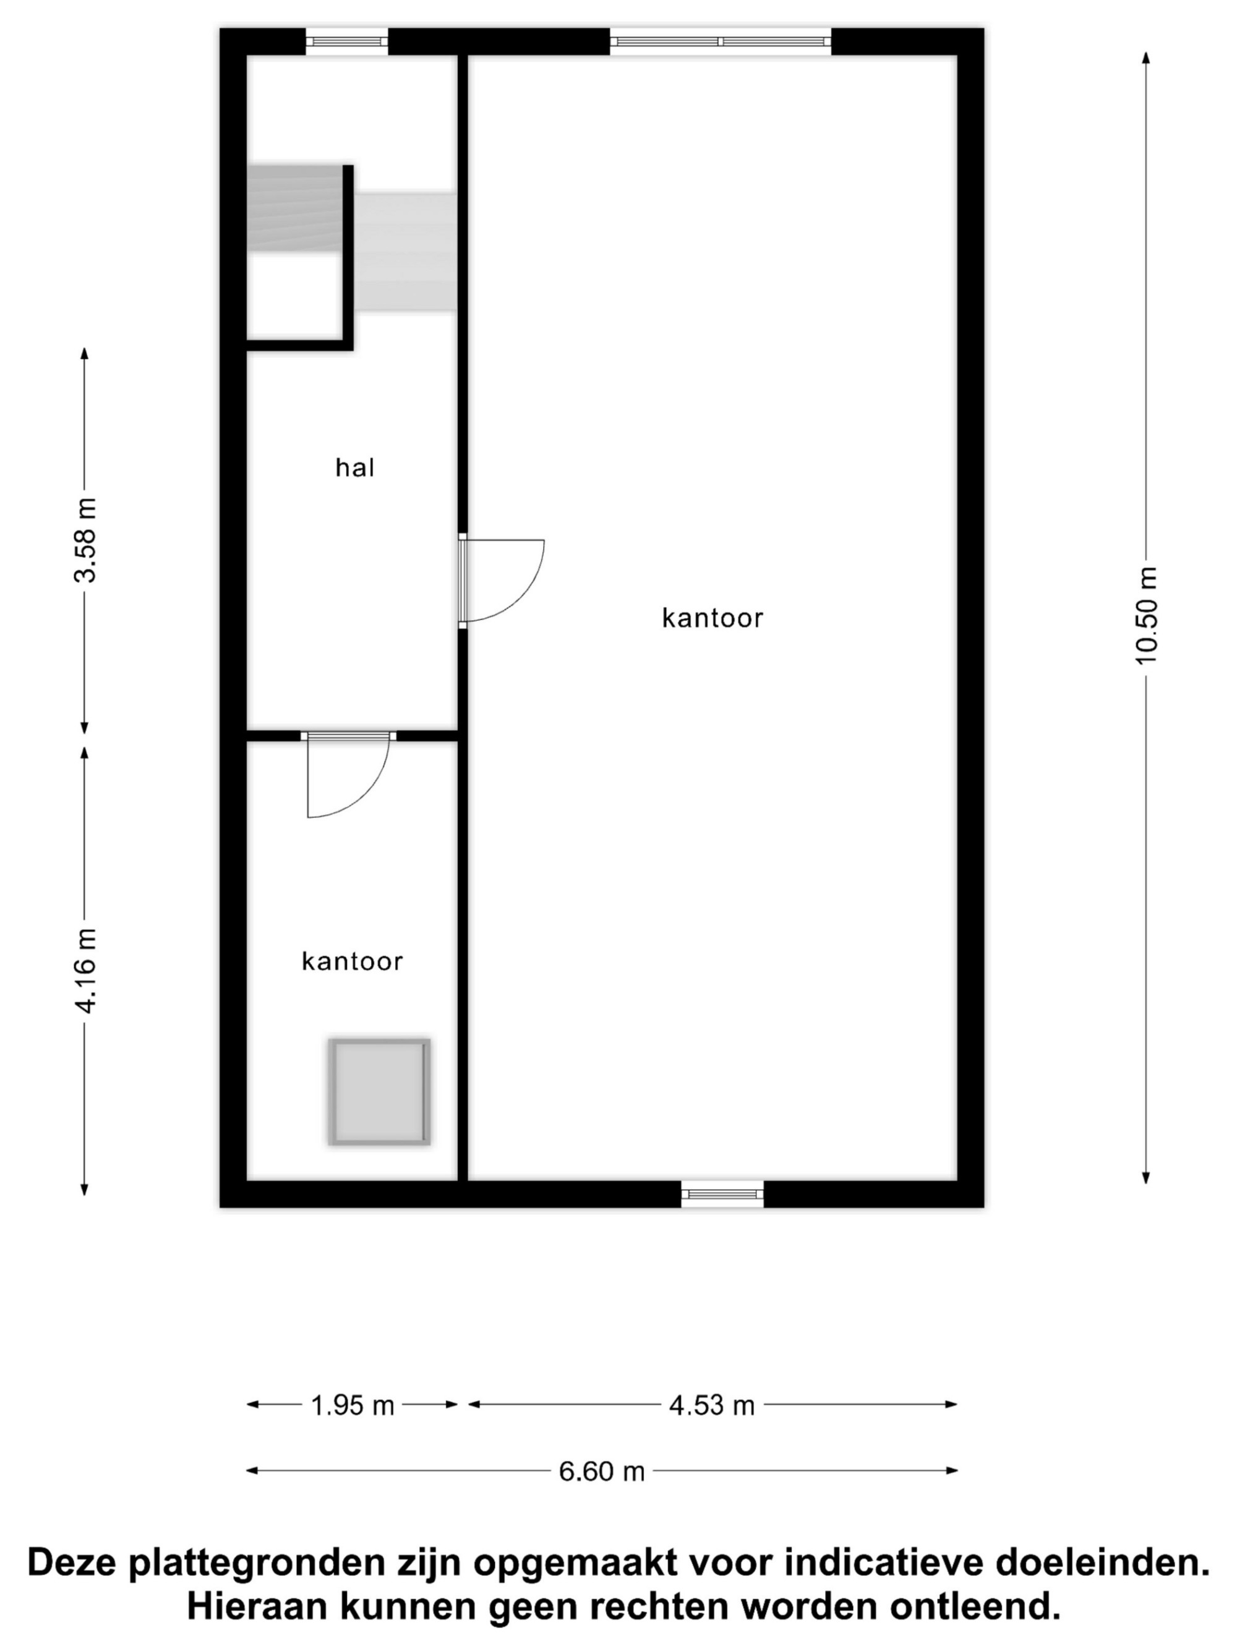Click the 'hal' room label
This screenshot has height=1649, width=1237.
pyautogui.click(x=354, y=467)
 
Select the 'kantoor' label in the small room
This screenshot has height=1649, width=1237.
pyautogui.click(x=352, y=961)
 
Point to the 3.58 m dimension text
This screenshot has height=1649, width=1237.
pyautogui.click(x=85, y=540)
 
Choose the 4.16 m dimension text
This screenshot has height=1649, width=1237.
pyautogui.click(x=85, y=970)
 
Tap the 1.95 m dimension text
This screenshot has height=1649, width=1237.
pyautogui.click(x=352, y=1405)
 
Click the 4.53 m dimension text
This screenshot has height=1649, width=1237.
pyautogui.click(x=712, y=1405)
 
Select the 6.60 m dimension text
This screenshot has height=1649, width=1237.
pyautogui.click(x=602, y=1471)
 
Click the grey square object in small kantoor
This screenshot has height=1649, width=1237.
pyautogui.click(x=380, y=1091)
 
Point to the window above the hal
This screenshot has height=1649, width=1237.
pyautogui.click(x=347, y=42)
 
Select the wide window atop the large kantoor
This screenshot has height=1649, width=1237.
pyautogui.click(x=721, y=42)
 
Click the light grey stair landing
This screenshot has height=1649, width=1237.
pyautogui.click(x=405, y=252)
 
